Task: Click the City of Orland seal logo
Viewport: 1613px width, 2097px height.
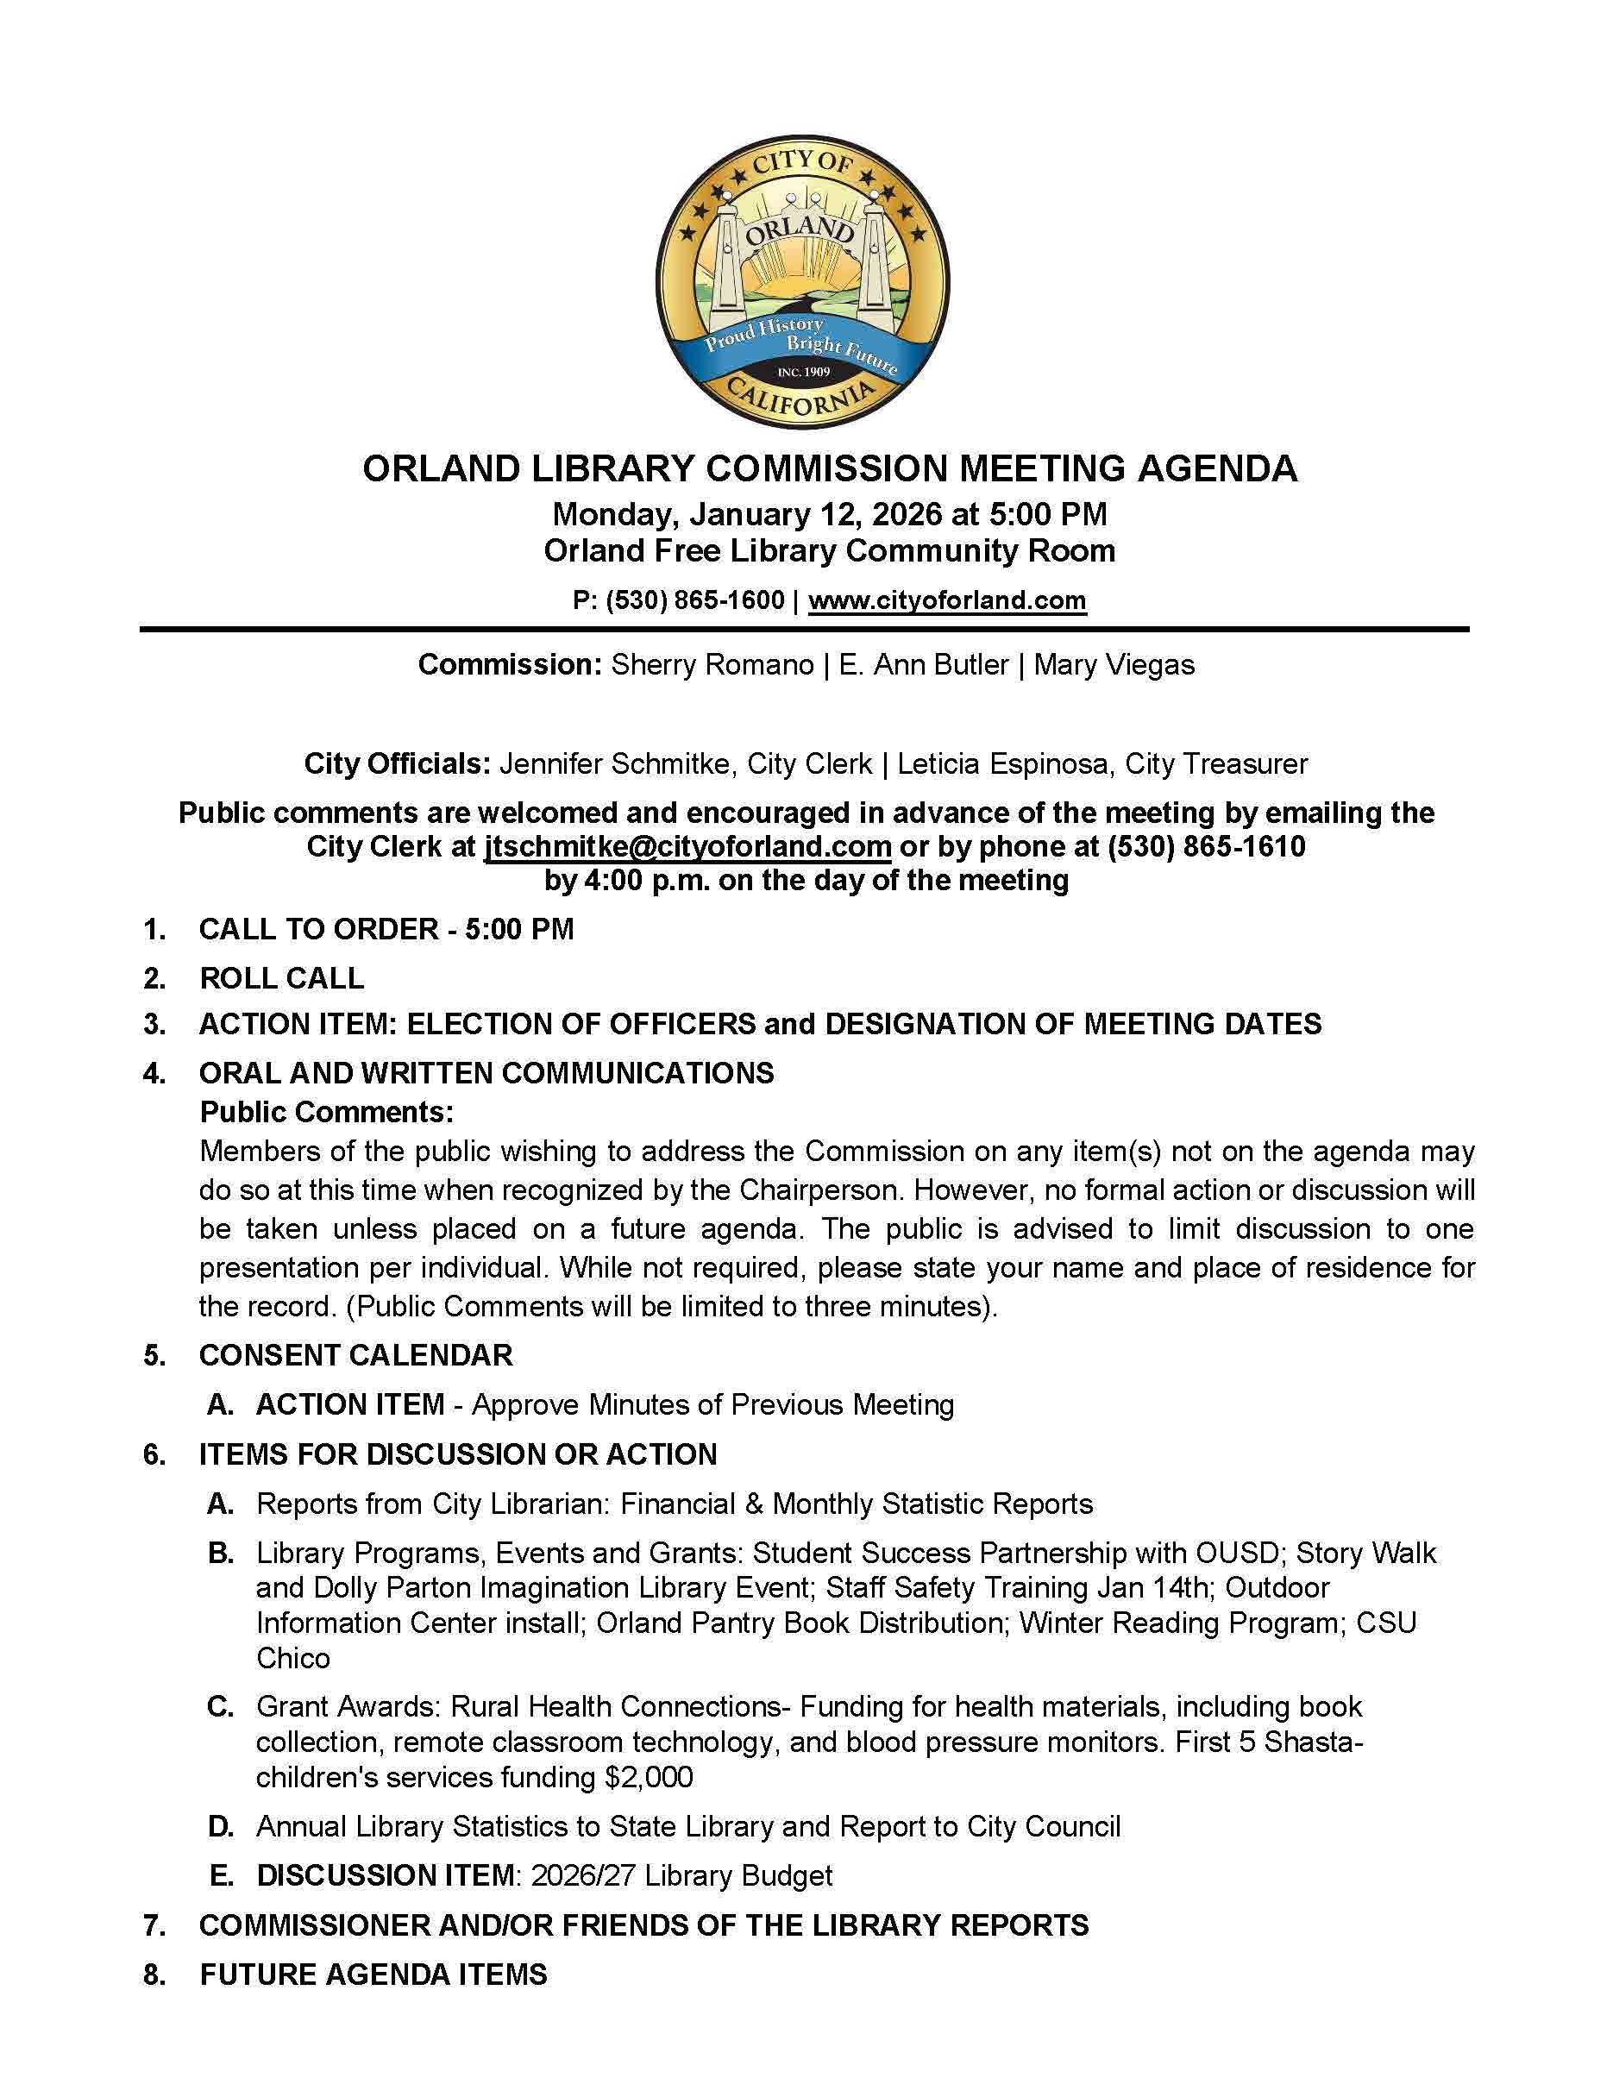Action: coord(803,281)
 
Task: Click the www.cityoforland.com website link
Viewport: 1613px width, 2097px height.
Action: coord(947,601)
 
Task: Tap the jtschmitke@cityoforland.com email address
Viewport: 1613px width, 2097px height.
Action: coord(687,847)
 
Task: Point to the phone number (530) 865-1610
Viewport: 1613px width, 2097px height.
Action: coord(1206,847)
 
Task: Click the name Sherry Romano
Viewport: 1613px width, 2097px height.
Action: coord(712,664)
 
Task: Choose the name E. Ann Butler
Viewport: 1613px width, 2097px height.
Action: coord(924,664)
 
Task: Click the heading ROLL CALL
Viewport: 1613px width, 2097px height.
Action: coord(281,978)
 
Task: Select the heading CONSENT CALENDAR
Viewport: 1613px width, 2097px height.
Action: coord(355,1355)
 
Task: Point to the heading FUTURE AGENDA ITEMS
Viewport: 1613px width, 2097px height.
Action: coord(373,1975)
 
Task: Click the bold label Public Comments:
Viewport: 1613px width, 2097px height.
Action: coord(326,1112)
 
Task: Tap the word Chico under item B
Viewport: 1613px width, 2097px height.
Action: coord(292,1658)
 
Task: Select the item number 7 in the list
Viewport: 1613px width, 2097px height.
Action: coord(154,1925)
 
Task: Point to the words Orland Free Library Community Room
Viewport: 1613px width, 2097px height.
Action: coord(829,551)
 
